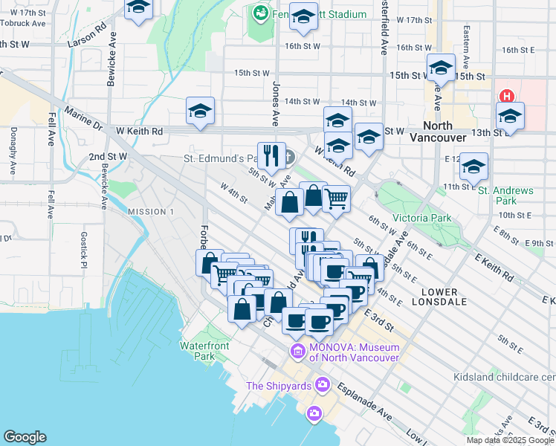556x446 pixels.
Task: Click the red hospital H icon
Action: click(x=508, y=97)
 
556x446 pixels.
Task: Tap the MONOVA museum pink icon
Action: click(x=297, y=351)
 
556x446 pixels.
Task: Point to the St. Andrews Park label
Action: click(x=505, y=195)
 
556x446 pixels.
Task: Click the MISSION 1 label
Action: click(x=151, y=212)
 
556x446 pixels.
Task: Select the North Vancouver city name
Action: click(x=443, y=132)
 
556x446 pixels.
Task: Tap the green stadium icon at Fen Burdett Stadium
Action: click(x=260, y=13)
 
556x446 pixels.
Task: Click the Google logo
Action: click(x=25, y=437)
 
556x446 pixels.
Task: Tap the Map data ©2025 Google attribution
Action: click(x=510, y=440)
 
